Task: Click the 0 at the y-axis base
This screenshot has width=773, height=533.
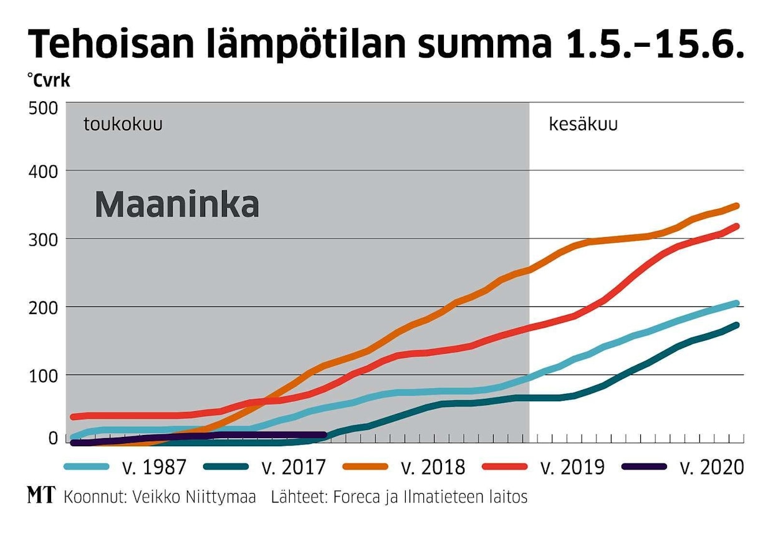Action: tap(52, 438)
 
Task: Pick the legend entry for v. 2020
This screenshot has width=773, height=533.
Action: tap(714, 467)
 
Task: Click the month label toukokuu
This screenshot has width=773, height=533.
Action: tap(123, 124)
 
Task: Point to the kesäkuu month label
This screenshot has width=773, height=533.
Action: tap(583, 124)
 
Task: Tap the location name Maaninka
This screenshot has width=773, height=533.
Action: tap(176, 205)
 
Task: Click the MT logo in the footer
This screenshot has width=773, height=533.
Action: tap(41, 496)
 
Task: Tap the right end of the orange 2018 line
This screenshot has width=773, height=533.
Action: tap(737, 205)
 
